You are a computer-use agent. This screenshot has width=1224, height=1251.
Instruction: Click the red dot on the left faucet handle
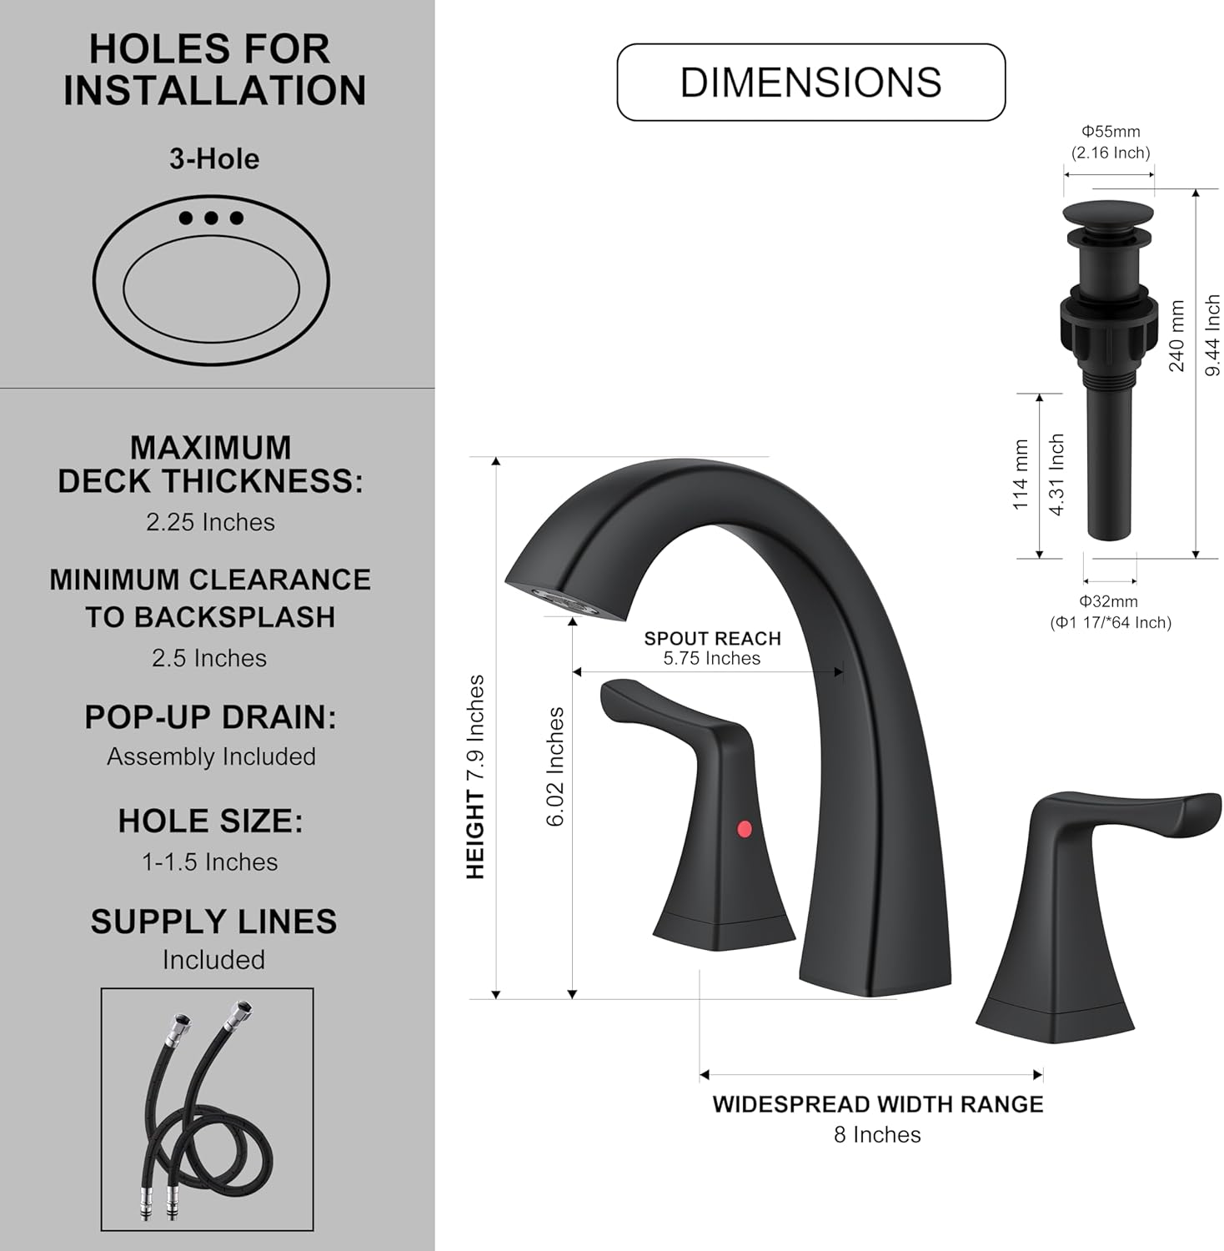[745, 829]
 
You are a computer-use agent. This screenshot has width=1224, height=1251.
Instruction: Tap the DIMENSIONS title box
[810, 83]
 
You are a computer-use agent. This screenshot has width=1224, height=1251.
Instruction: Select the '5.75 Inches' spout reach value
[712, 659]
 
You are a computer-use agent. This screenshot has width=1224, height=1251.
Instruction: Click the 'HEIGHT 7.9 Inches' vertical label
[475, 776]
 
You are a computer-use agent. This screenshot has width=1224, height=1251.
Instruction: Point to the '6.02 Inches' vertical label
[555, 767]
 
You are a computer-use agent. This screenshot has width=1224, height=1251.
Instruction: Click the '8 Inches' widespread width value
[877, 1135]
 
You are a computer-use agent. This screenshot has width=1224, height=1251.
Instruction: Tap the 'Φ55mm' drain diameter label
[1111, 132]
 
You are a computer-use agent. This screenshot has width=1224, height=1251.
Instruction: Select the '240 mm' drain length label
[1176, 336]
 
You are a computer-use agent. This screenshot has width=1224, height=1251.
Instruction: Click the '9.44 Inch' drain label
[1213, 335]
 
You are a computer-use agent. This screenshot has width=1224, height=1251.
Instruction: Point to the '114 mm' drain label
[1021, 475]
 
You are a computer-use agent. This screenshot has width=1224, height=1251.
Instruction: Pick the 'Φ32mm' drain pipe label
[1109, 601]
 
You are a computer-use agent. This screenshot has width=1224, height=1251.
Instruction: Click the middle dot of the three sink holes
[211, 219]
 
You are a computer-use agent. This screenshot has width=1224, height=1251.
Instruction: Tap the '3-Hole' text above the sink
[214, 159]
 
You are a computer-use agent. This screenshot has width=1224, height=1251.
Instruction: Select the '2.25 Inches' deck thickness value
[210, 523]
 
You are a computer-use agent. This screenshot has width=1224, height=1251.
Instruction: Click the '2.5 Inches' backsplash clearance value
[209, 659]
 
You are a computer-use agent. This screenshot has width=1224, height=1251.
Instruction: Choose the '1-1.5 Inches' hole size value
[210, 862]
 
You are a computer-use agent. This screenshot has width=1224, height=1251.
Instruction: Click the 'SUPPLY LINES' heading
[213, 922]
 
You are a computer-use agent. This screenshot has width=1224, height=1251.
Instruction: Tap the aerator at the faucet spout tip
[564, 601]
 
